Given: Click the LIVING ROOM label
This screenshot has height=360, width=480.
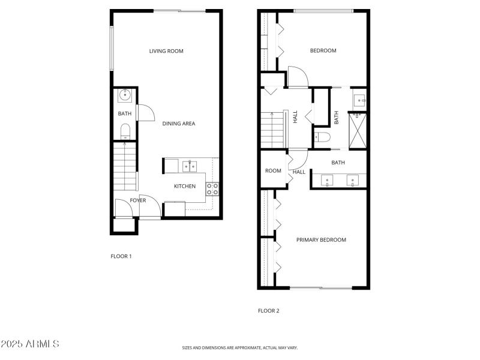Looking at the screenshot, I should (x=166, y=51).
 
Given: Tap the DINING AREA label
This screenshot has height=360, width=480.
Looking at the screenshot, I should (x=179, y=124).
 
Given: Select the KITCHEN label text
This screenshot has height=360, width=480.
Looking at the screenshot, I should (x=185, y=187).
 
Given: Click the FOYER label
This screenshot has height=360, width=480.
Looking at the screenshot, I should (x=138, y=200).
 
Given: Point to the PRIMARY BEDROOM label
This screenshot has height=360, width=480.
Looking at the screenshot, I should (x=321, y=240).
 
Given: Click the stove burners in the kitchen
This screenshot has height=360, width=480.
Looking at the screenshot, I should (x=212, y=189).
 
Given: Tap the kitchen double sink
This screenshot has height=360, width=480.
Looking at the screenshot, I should (x=191, y=166).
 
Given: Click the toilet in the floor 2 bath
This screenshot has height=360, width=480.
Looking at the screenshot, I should (x=322, y=137).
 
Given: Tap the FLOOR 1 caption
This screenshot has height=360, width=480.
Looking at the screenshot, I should (x=121, y=257).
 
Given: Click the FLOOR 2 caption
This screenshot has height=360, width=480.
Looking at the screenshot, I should (x=269, y=311).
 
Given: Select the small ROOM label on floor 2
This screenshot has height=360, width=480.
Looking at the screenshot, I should (x=273, y=171).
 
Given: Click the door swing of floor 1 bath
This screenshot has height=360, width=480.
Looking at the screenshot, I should (x=146, y=113).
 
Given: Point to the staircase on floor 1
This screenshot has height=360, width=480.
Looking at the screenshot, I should (x=125, y=166).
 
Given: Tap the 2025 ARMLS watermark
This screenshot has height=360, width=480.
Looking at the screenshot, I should (x=30, y=344).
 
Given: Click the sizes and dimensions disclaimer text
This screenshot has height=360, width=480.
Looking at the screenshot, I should (x=240, y=347).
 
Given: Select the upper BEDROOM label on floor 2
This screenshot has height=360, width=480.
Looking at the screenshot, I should (x=323, y=51).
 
